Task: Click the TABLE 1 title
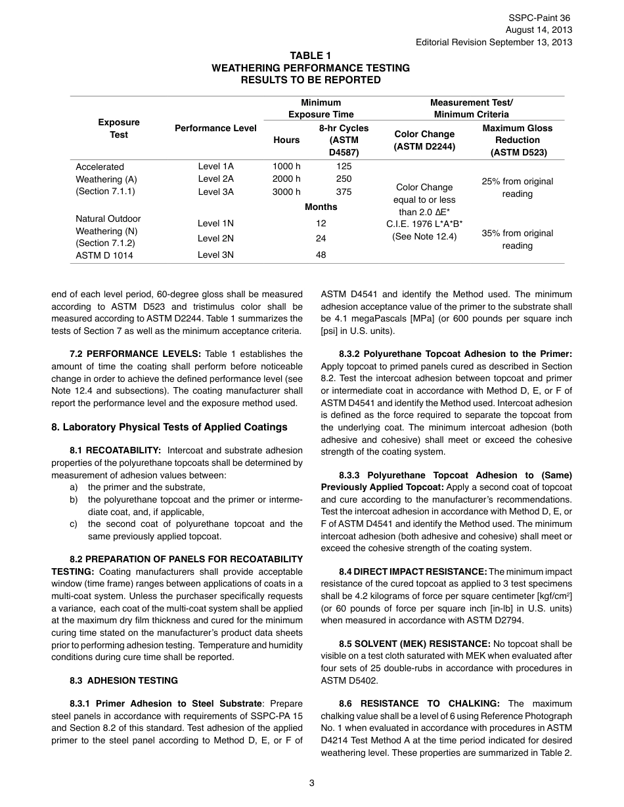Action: (x=311, y=56)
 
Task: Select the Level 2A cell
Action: (x=215, y=178)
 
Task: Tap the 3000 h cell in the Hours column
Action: (x=286, y=192)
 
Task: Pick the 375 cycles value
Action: (x=344, y=192)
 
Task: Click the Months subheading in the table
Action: (x=321, y=207)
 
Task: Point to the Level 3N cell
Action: (x=215, y=255)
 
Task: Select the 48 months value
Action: (x=321, y=255)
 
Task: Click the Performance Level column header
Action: (x=215, y=128)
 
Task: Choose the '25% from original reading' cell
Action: (x=517, y=188)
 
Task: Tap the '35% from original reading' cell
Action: (x=517, y=239)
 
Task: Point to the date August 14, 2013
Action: (x=539, y=30)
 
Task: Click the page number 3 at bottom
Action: (x=312, y=782)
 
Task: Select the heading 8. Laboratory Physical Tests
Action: (x=169, y=427)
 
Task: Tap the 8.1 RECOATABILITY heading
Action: (x=115, y=451)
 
